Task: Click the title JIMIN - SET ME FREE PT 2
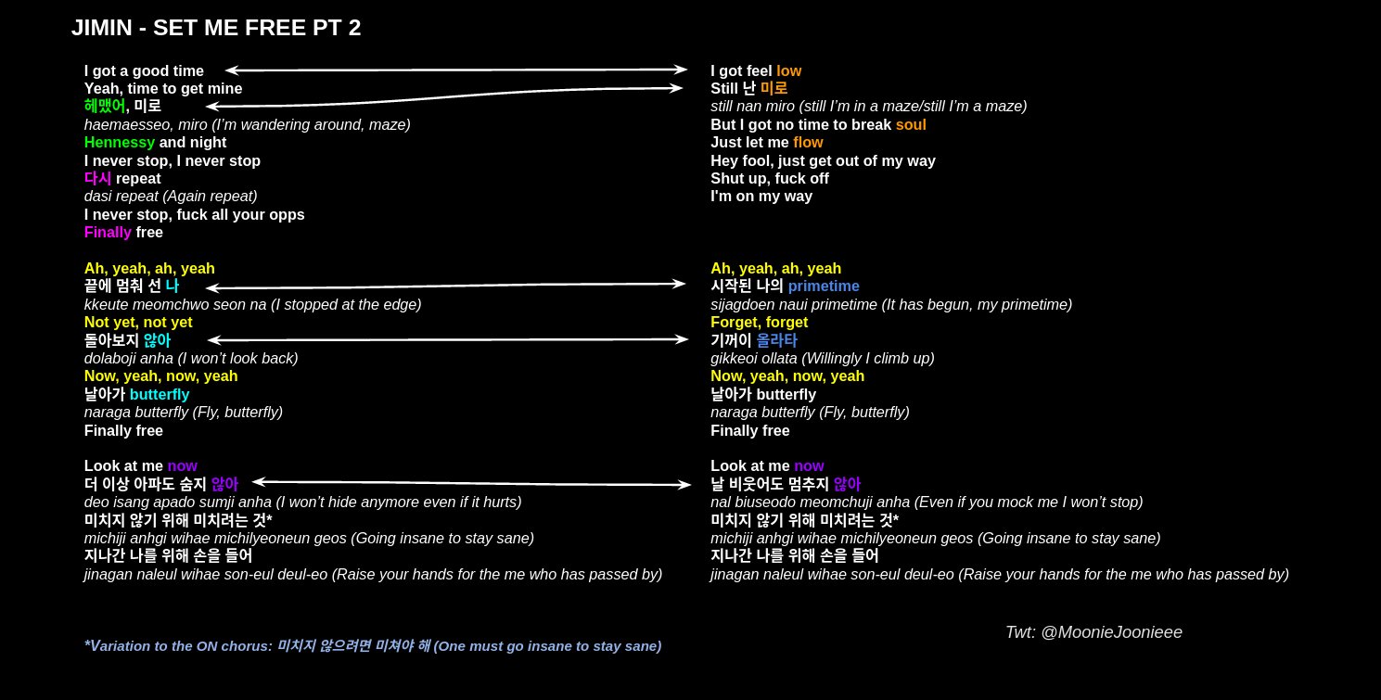(x=216, y=28)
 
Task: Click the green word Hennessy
(x=119, y=143)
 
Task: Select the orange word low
(x=788, y=70)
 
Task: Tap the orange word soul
(x=911, y=124)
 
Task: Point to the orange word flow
(x=808, y=143)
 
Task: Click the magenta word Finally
(x=108, y=233)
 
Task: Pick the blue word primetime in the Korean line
(x=824, y=286)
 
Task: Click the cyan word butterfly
(x=160, y=395)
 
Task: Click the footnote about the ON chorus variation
(x=372, y=646)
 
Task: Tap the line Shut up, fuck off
(x=770, y=179)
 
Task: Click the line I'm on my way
(x=761, y=197)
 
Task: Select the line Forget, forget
(x=759, y=323)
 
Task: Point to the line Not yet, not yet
(x=138, y=323)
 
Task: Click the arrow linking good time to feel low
(x=456, y=70)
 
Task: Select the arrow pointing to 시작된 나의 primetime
(x=446, y=286)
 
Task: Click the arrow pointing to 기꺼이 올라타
(x=448, y=339)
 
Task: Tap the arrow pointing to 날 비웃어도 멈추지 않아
(x=472, y=483)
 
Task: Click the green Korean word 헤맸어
(x=104, y=107)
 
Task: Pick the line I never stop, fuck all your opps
(x=194, y=215)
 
